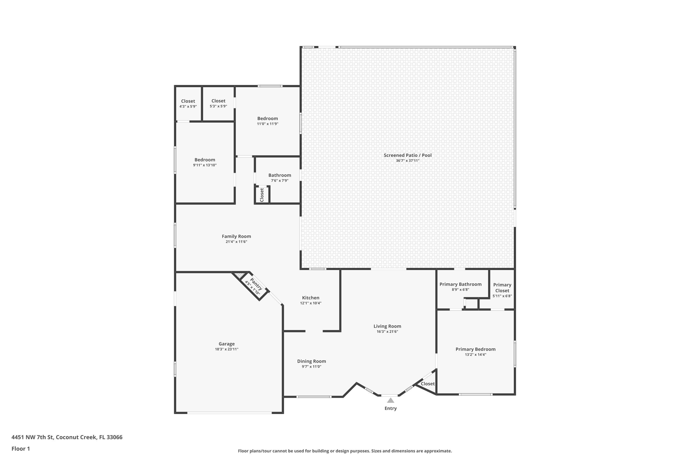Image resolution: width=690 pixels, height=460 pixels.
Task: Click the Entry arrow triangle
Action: tap(391, 400)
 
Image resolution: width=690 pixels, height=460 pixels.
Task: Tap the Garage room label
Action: tap(227, 344)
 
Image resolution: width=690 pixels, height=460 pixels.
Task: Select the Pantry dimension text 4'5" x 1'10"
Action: tap(252, 288)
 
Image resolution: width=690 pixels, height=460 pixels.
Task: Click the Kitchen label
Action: tap(311, 298)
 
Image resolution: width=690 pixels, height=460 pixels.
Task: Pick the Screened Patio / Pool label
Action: tap(408, 155)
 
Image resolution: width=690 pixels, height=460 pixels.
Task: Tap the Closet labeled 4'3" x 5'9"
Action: tap(188, 101)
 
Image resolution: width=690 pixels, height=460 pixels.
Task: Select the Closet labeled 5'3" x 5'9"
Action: tap(218, 101)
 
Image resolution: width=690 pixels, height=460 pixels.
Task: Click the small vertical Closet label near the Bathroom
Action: tap(262, 195)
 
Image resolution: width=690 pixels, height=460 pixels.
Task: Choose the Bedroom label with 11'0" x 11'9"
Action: tap(267, 118)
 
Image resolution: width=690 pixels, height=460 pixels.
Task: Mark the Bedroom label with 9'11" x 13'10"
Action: tap(205, 160)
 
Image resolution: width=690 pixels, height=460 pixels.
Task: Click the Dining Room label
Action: tap(312, 361)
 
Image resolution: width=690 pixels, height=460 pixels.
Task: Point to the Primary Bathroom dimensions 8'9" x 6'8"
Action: tap(460, 290)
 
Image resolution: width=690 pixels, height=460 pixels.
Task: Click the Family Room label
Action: tap(236, 236)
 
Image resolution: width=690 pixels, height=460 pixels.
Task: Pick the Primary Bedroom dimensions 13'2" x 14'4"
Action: tap(475, 355)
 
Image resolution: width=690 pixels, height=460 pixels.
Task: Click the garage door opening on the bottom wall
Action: tap(229, 413)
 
